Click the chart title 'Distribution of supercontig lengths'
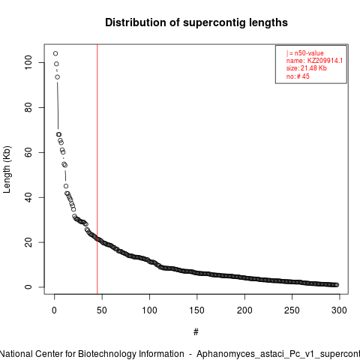click(196, 22)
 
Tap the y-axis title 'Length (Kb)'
click(7, 169)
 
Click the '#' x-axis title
click(196, 331)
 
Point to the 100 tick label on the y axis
click(28, 62)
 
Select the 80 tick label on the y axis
click(28, 107)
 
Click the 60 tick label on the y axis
click(28, 152)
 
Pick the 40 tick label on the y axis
click(28, 197)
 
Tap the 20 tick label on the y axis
click(28, 242)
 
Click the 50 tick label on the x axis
click(102, 310)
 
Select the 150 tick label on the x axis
click(197, 310)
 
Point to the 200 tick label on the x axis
click(244, 310)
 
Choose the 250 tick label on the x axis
click(292, 310)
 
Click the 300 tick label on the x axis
click(339, 310)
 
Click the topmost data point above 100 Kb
click(55, 53)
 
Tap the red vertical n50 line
click(97, 169)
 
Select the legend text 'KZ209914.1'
click(325, 61)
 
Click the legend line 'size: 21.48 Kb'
click(307, 68)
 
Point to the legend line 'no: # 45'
click(298, 76)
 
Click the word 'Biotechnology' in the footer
click(106, 354)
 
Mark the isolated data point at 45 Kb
click(66, 186)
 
